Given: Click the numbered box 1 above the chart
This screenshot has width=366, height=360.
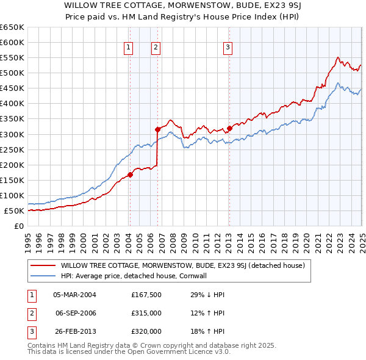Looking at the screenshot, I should (129, 48).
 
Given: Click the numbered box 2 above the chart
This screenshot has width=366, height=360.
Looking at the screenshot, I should (156, 48).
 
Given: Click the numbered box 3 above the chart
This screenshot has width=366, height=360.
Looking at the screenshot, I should (228, 48).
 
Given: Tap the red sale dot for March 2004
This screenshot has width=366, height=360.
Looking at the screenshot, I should (130, 175).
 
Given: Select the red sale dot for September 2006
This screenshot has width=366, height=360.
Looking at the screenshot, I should (157, 129).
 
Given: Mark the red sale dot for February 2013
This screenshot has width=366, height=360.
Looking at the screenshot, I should (229, 128).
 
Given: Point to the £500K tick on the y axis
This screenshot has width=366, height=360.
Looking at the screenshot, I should (12, 73).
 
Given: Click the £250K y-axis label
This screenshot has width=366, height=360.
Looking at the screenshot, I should (12, 149).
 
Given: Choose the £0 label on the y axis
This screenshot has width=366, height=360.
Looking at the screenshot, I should (20, 226).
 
